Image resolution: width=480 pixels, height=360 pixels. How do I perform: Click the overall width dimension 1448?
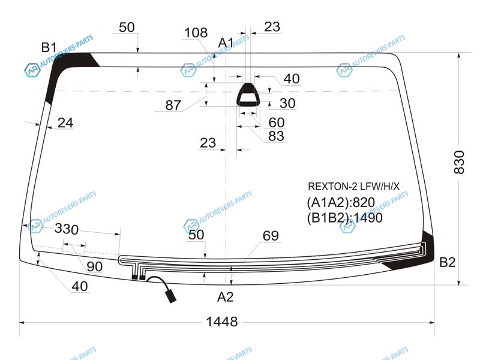pyautogui.click(x=221, y=322)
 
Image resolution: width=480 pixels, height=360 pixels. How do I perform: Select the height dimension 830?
pyautogui.click(x=459, y=162)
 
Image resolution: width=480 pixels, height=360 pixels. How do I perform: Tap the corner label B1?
pyautogui.click(x=49, y=47)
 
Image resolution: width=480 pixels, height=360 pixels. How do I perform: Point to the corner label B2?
pyautogui.click(x=447, y=262)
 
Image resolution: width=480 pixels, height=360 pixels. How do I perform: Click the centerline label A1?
pyautogui.click(x=226, y=43)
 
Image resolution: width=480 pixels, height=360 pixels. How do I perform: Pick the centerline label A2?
pyautogui.click(x=226, y=297)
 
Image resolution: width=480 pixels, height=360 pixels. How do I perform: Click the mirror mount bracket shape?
pyautogui.click(x=248, y=95)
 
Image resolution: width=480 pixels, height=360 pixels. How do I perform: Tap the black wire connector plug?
pyautogui.click(x=170, y=296)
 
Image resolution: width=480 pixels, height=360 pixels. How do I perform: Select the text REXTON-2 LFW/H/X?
pyautogui.click(x=353, y=186)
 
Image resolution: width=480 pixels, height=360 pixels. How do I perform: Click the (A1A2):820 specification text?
pyautogui.click(x=341, y=202)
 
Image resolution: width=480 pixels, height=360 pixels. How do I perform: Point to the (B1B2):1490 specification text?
pyautogui.click(x=344, y=218)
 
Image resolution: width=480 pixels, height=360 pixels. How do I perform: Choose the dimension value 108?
pyautogui.click(x=196, y=33)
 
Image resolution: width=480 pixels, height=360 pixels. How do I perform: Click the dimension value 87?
pyautogui.click(x=173, y=106)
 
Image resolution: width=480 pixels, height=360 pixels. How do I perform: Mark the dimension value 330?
pyautogui.click(x=67, y=229)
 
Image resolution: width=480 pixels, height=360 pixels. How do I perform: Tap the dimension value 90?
pyautogui.click(x=95, y=266)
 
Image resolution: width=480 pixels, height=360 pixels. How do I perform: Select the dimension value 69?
pyautogui.click(x=271, y=236)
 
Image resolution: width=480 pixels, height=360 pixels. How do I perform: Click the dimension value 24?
pyautogui.click(x=65, y=123)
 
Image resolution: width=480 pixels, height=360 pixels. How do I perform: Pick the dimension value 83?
pyautogui.click(x=276, y=136)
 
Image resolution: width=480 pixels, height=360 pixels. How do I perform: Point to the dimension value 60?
pyautogui.click(x=277, y=122)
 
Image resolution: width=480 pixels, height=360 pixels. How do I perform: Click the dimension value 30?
pyautogui.click(x=287, y=103)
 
